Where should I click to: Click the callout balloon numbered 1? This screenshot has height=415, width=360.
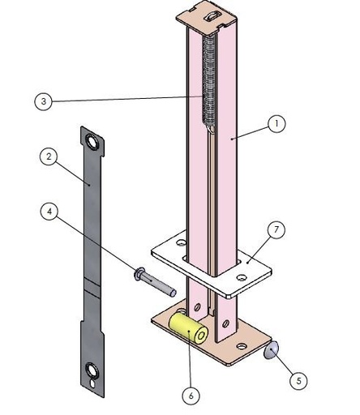(x=276, y=123)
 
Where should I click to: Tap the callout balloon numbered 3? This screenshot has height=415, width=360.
(x=44, y=101)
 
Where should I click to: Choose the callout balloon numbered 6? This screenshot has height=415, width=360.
(x=191, y=396)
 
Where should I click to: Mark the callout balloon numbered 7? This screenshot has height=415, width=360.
(x=276, y=230)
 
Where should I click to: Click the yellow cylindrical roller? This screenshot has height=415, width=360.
(x=187, y=328)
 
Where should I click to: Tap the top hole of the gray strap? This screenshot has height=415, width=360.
(x=95, y=143)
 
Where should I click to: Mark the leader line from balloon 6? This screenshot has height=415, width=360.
(x=190, y=365)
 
